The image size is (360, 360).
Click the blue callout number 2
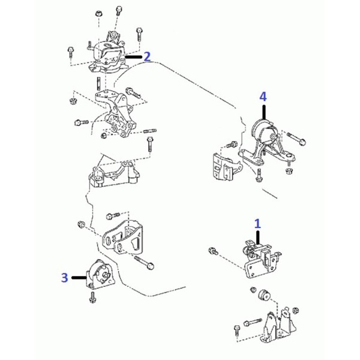pos(147,56)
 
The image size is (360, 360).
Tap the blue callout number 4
pos(263,97)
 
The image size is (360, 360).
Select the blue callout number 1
pos(257,223)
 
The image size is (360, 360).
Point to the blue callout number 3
pos(65,277)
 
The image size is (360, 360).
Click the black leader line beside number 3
pos(79,278)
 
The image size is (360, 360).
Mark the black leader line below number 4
pos(264,112)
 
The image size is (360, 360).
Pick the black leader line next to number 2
pos(134,57)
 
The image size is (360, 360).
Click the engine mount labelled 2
pos(106,55)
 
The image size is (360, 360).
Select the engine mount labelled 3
pos(100,275)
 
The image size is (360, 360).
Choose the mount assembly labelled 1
pos(262,259)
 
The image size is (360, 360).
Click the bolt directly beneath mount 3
pos(93,298)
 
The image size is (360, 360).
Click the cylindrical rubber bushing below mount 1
pos(264,295)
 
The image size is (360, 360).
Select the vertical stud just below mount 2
pos(98,83)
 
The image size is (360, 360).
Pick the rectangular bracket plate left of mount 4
pos(223,167)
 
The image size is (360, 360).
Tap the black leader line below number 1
pos(259,238)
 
